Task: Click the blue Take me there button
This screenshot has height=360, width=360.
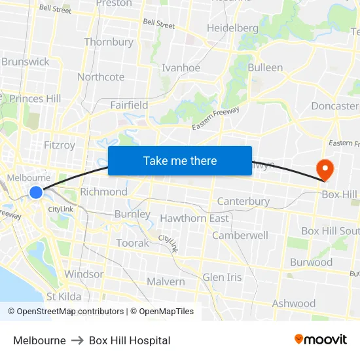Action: [x=180, y=160]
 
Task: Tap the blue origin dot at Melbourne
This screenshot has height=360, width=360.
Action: [x=36, y=192]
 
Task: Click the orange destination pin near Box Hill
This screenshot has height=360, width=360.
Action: [x=325, y=170]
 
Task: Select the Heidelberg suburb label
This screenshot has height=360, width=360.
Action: [x=232, y=28]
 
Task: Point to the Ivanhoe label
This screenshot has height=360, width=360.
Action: [x=181, y=67]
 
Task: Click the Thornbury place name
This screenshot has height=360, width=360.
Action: [x=109, y=42]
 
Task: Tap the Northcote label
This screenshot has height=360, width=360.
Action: [x=101, y=77]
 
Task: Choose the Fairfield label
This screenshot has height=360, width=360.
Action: [x=129, y=105]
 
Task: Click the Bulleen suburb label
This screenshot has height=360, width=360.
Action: [x=265, y=67]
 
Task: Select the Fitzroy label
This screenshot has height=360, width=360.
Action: [x=59, y=145]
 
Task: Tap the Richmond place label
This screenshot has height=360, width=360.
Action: [x=103, y=192]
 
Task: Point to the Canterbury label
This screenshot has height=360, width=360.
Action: [x=243, y=201]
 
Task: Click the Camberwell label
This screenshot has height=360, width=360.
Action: [x=240, y=235]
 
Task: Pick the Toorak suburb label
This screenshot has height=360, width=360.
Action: [x=132, y=243]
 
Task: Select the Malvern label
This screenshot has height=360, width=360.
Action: [x=166, y=281]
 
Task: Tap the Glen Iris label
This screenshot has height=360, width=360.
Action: [x=222, y=277]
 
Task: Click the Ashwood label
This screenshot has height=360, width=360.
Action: [x=294, y=303]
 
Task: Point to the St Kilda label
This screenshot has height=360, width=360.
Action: [x=63, y=297]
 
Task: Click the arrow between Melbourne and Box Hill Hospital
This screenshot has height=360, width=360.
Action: [x=77, y=340]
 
